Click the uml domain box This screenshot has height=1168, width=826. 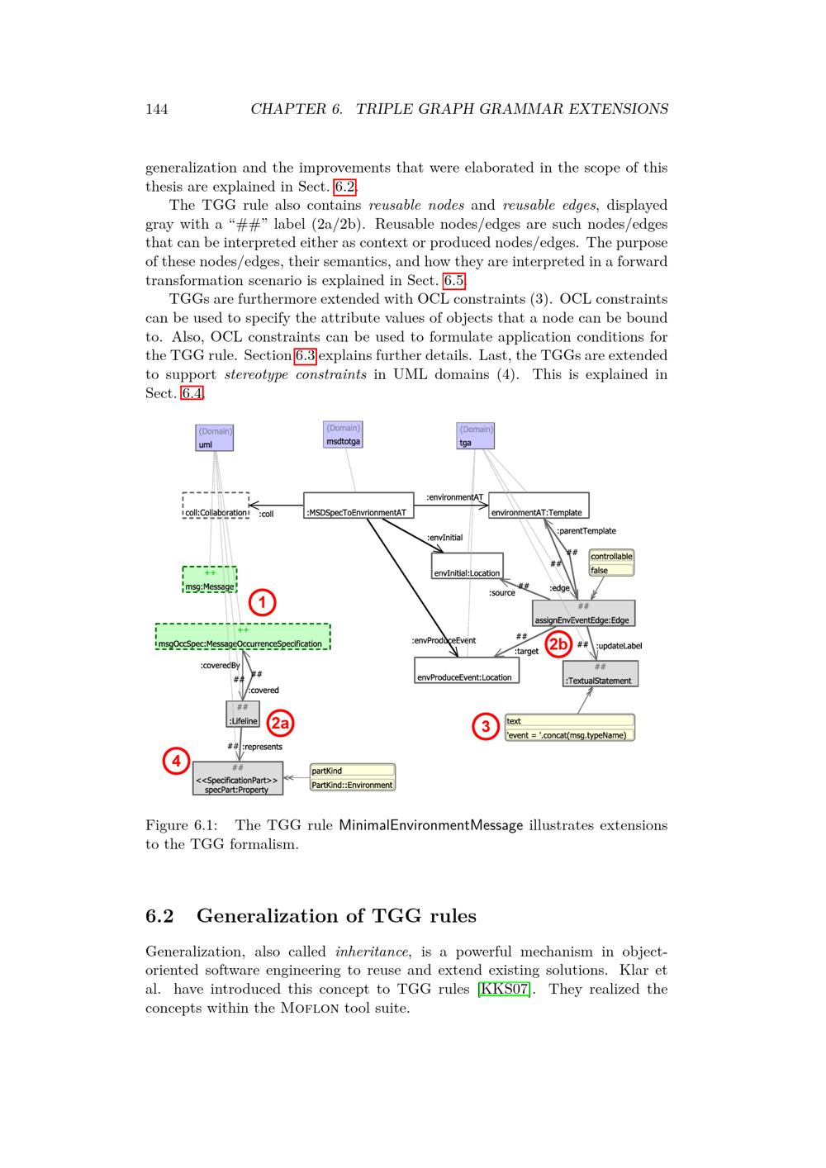pos(215,438)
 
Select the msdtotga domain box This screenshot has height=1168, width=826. pos(343,434)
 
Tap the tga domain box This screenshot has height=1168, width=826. pos(475,435)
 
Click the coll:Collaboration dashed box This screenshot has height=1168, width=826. pos(216,506)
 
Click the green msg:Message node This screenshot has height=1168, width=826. pos(210,580)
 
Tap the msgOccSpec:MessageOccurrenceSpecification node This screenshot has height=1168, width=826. pos(243,637)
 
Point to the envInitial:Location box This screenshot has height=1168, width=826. pos(467,566)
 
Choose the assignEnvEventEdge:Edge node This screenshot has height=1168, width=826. pos(583,613)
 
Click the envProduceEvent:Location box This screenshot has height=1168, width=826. pos(466,670)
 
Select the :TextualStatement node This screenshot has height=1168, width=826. pos(601,674)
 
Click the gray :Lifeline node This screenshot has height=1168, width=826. pos(243,715)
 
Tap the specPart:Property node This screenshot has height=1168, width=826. pos(238,779)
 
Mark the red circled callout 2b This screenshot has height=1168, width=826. pos(558,644)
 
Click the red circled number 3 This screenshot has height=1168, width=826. pos(485,727)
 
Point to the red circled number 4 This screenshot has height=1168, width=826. pos(176,761)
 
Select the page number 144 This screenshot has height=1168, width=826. pos(157,109)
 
